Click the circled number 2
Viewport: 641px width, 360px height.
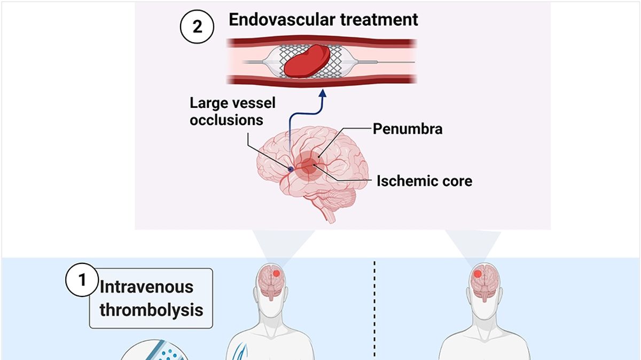coord(198,26)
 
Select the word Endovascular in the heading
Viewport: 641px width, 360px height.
coord(280,20)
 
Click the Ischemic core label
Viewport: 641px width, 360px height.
coord(424,181)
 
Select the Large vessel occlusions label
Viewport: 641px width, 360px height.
coord(226,111)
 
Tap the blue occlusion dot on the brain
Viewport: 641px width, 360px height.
coord(291,169)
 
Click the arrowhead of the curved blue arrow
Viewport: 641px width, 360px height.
coord(322,95)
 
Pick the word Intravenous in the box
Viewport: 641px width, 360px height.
coord(146,287)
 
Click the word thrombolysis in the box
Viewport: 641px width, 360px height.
coord(151,310)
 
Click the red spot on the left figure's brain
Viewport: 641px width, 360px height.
coord(277,274)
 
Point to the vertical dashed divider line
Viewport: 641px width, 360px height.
coord(375,310)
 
